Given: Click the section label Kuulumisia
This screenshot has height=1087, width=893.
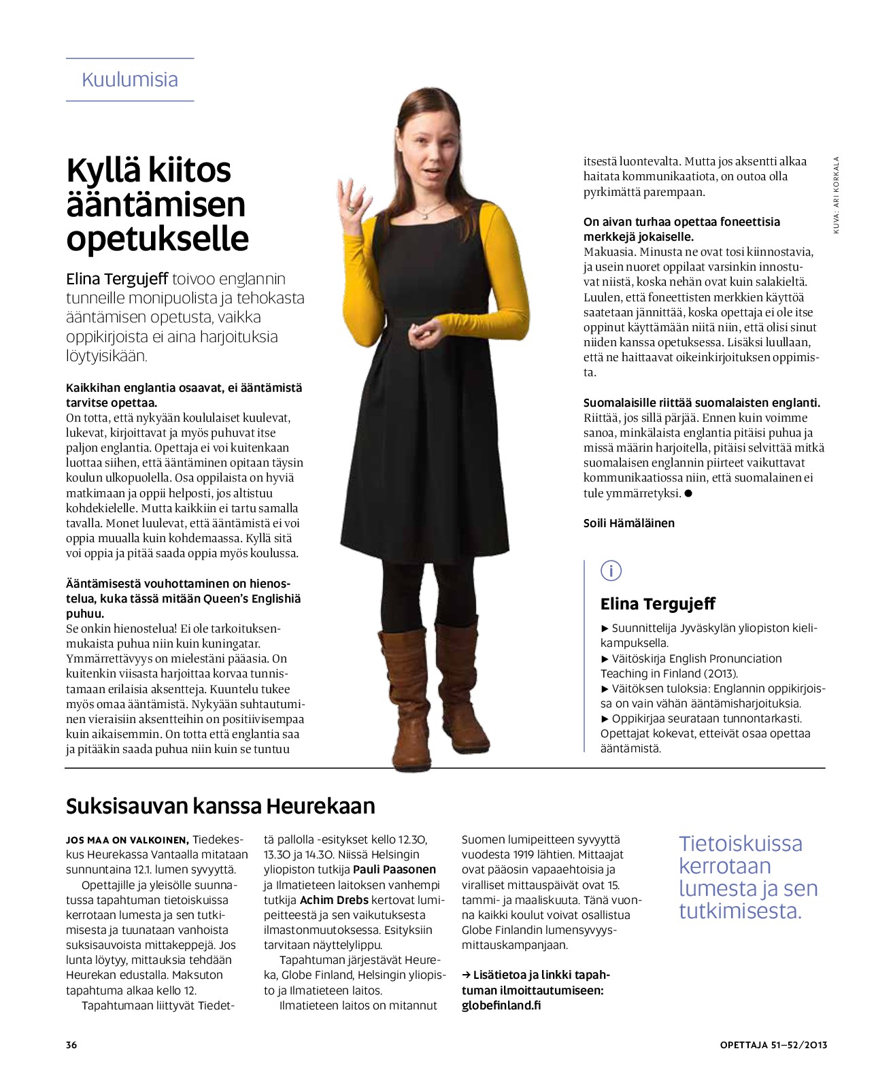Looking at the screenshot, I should [130, 80].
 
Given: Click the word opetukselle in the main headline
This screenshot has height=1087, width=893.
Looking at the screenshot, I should [158, 239].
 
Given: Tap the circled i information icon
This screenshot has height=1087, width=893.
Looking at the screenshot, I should [611, 571].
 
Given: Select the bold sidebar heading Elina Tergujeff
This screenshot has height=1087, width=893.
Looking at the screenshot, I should [658, 604].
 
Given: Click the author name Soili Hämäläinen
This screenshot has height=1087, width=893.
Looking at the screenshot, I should [629, 523].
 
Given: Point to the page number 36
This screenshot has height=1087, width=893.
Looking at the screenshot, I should [71, 1045].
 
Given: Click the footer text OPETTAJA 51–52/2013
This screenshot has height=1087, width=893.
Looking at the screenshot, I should [773, 1045].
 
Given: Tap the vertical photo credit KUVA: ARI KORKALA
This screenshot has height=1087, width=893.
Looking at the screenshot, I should [837, 195].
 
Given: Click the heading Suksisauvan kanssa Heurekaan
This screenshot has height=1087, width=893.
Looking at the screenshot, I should [220, 806].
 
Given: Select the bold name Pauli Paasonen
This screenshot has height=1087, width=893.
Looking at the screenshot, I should [394, 869].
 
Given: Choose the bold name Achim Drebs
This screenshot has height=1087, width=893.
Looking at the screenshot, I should [334, 900].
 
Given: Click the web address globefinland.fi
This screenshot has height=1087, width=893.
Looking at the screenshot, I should [501, 1005].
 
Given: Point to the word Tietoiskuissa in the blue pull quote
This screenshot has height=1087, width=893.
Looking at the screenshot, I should [741, 843].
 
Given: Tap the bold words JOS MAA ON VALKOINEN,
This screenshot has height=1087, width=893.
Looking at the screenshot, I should [127, 840].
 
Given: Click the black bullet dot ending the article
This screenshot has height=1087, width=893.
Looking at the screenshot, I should [688, 493].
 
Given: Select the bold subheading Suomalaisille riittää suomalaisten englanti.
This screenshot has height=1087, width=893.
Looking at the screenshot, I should [702, 403].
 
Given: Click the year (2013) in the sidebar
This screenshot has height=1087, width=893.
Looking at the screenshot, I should [720, 673].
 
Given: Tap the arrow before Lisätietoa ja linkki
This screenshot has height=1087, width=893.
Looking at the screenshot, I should [466, 975].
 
